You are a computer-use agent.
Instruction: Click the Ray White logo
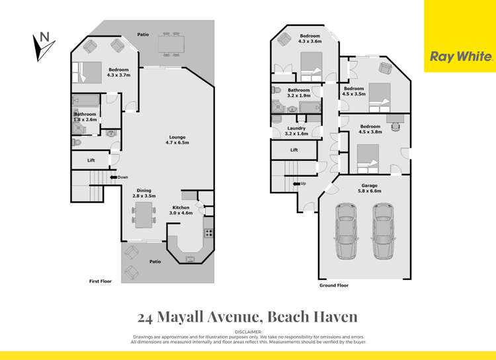point(460,57)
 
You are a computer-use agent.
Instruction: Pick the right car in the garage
point(382,231)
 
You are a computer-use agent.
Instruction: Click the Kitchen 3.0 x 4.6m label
point(181,210)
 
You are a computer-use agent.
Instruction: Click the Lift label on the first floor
point(91,160)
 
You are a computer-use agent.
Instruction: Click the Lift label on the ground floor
point(294,150)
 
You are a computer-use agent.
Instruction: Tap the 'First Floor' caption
point(101,281)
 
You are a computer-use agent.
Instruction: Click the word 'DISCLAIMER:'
point(248,331)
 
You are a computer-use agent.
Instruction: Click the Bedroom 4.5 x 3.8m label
point(370,128)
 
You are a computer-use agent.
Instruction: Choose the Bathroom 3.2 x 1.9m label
point(298,93)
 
